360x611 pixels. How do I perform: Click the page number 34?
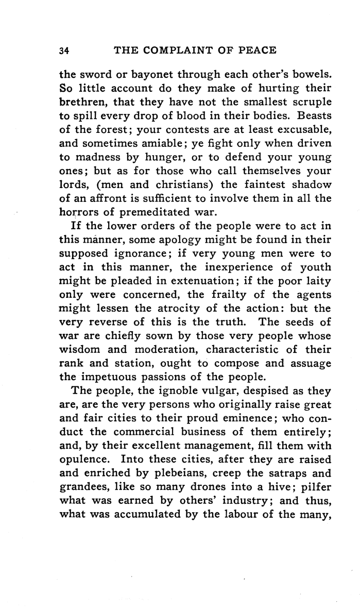click(64, 50)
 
